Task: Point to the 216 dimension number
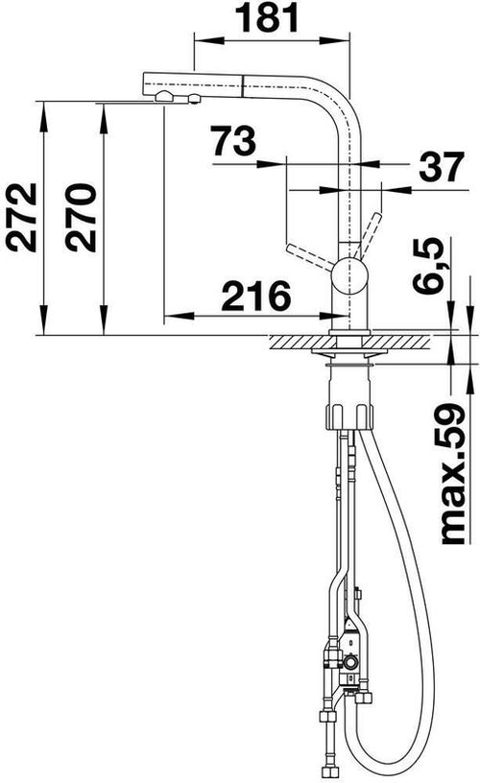tap(255, 297)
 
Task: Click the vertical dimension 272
tap(21, 218)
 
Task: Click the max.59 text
tap(451, 475)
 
